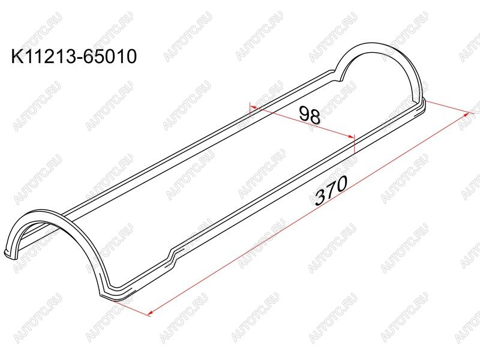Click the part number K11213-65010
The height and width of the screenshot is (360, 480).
click(74, 56)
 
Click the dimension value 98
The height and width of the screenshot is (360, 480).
click(310, 115)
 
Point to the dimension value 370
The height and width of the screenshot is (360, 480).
click(332, 190)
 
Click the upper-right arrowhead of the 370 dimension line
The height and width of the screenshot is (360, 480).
click(467, 115)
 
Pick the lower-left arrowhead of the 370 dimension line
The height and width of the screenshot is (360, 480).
click(150, 313)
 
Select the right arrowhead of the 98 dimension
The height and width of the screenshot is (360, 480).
click(352, 137)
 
